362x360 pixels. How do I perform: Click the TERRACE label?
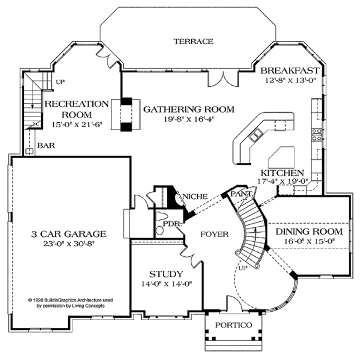tap(194, 42)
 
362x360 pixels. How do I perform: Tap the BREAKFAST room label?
tap(290, 71)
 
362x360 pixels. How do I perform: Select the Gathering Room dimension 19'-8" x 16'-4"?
tap(189, 119)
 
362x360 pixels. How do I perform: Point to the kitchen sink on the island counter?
tap(255, 134)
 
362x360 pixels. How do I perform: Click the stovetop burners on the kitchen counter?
tap(317, 134)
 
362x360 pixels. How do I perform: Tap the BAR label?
tap(46, 145)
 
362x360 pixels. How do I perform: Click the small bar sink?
tap(30, 151)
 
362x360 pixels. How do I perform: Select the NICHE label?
tap(195, 197)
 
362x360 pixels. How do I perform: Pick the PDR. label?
tap(172, 224)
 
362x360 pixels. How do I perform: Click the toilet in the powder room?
tap(160, 230)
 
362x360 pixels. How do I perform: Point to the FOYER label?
tap(214, 234)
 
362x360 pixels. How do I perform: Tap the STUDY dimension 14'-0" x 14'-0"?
tap(167, 283)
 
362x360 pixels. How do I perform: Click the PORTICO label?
tap(233, 325)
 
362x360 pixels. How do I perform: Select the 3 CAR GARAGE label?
tap(69, 234)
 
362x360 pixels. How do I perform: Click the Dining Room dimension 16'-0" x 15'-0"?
tap(310, 241)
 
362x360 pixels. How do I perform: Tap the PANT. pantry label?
tap(241, 194)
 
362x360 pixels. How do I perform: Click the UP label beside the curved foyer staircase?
tap(243, 268)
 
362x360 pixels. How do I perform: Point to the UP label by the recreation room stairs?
tap(60, 81)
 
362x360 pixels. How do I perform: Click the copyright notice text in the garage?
tap(71, 303)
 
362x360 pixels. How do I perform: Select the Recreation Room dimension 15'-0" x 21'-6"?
tap(77, 124)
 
